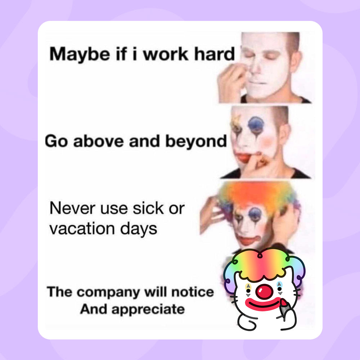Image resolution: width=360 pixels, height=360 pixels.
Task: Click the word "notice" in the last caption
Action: point(192,292)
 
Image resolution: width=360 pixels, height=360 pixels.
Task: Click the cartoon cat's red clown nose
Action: point(266,291)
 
